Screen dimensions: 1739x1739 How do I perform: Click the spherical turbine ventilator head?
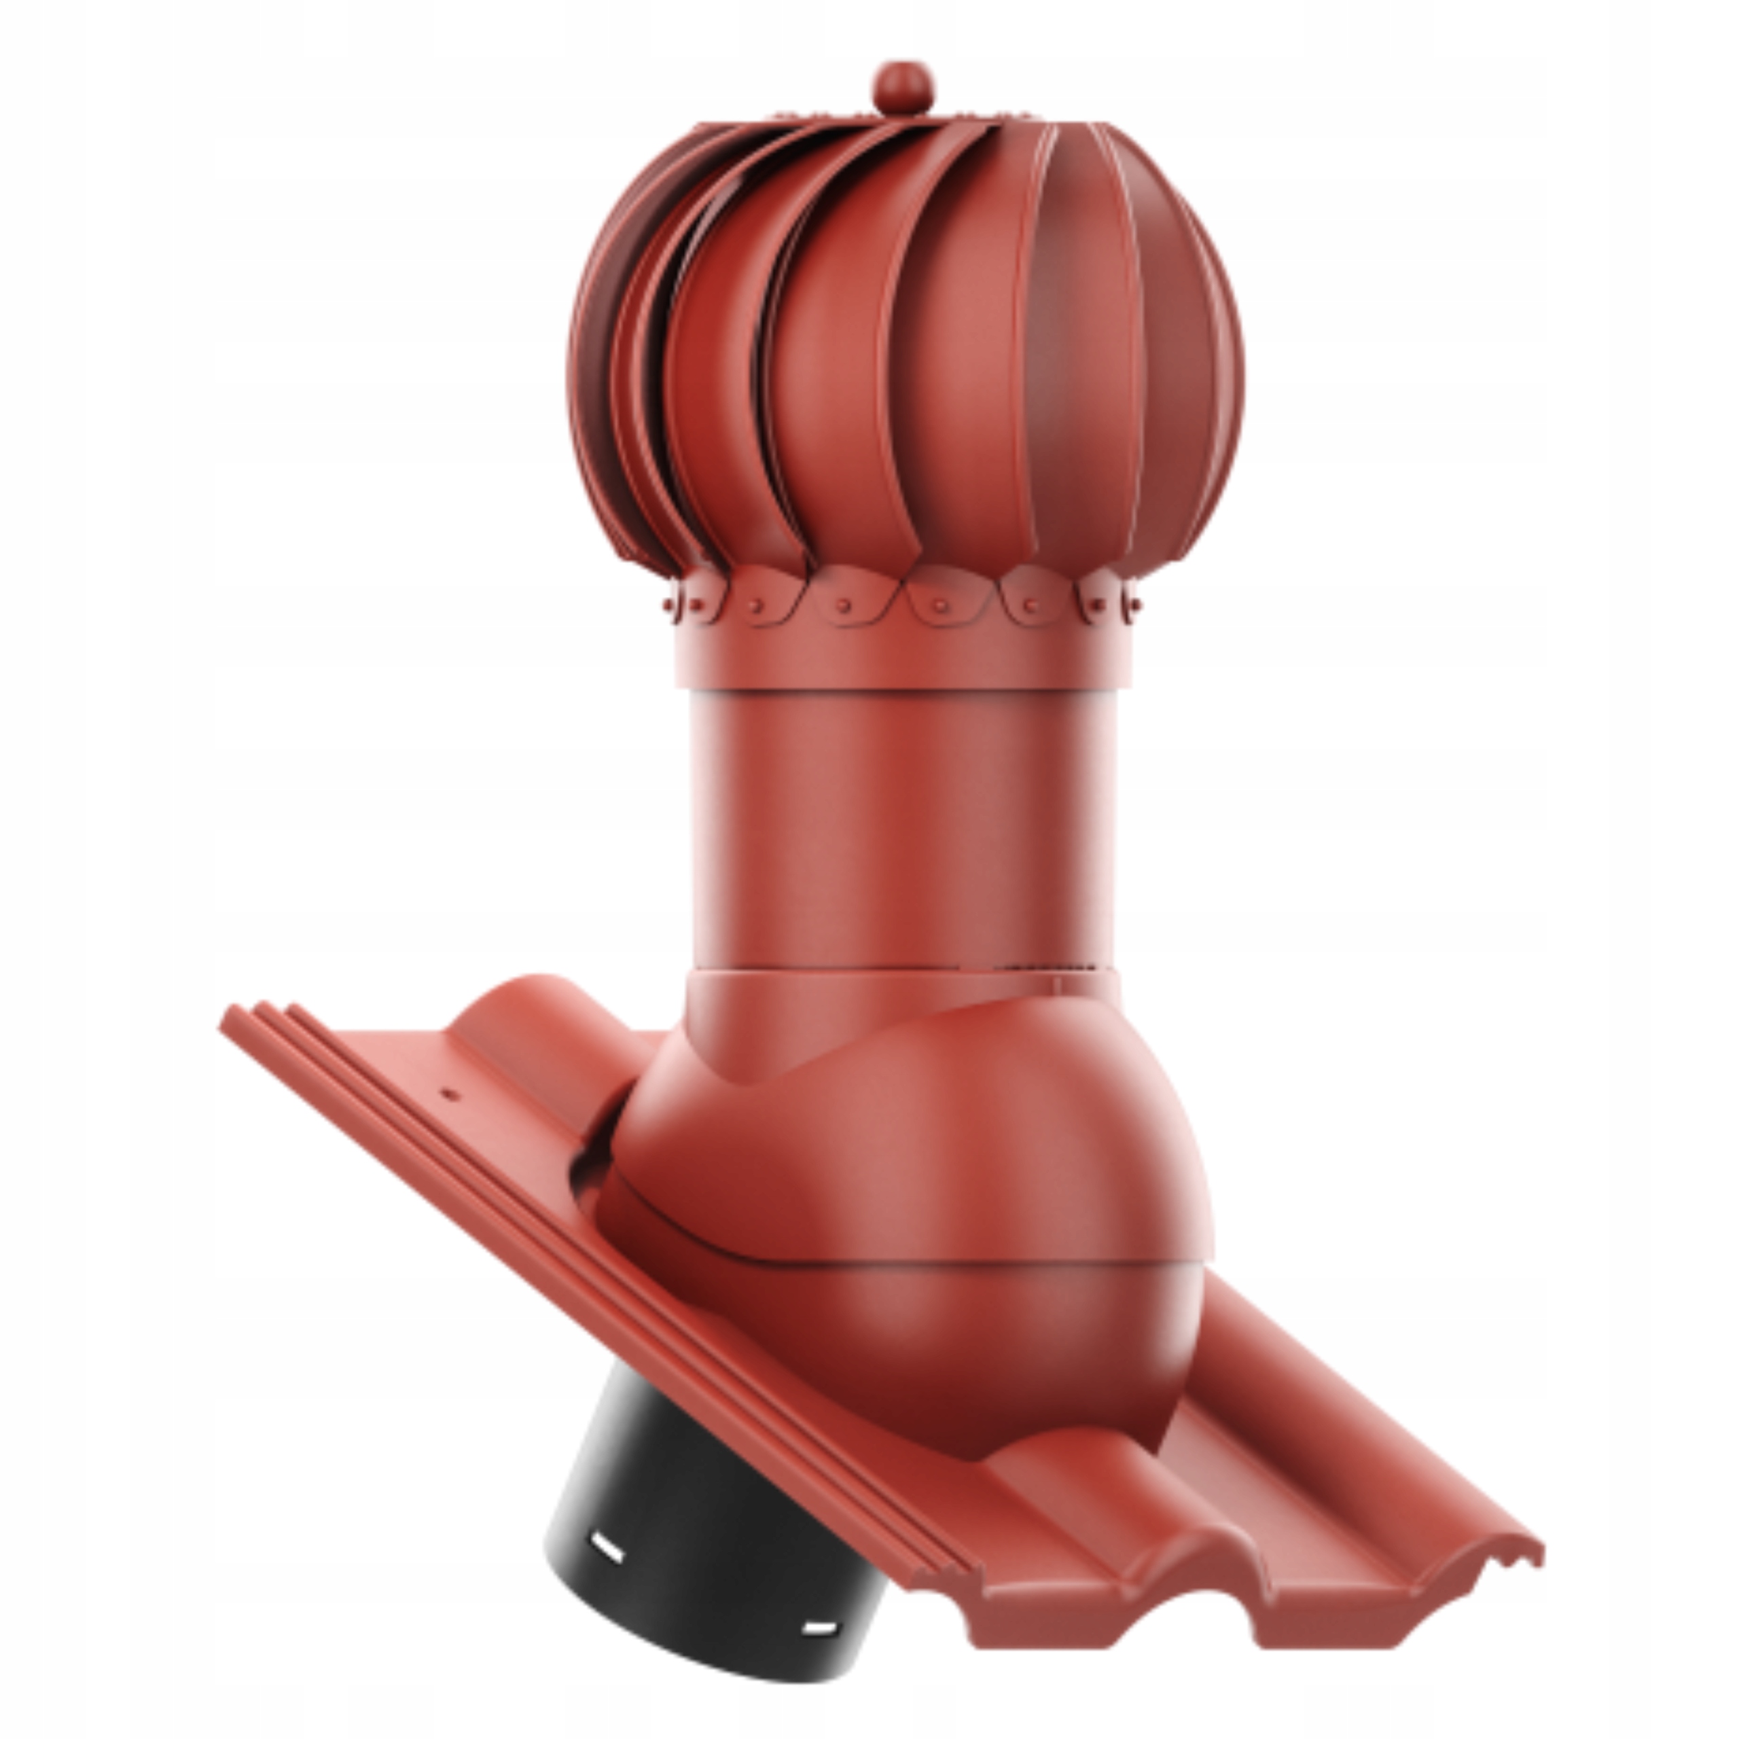(905, 360)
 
